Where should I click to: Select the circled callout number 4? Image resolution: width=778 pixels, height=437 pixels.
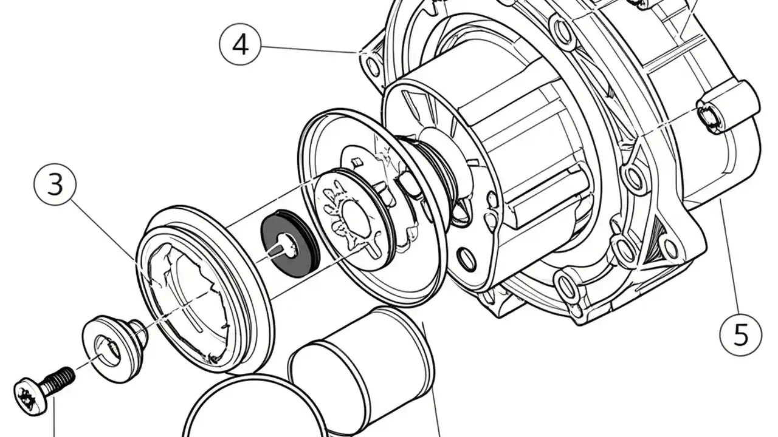(240, 44)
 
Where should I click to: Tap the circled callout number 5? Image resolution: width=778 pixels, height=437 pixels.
(740, 335)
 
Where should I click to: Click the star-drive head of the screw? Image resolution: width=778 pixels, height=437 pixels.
(30, 396)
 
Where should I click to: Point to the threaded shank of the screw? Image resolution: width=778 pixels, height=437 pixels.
(60, 379)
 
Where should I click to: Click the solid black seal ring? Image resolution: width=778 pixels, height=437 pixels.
(289, 244)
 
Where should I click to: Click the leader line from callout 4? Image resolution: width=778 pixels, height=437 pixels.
(310, 49)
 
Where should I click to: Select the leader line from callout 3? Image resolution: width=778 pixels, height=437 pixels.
(103, 228)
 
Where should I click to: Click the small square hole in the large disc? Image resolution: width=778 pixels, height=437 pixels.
(357, 161)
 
